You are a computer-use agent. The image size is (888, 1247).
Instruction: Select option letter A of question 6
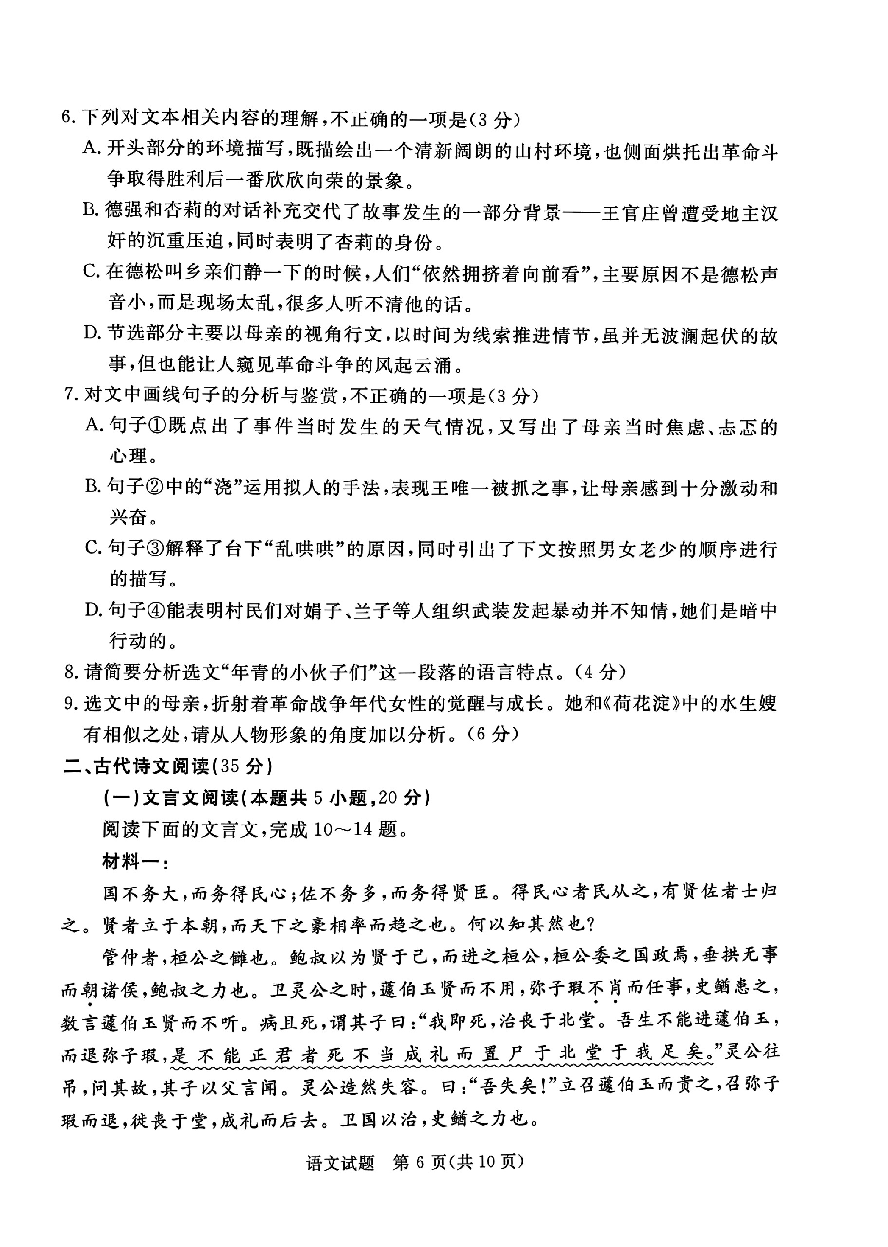coord(91,148)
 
